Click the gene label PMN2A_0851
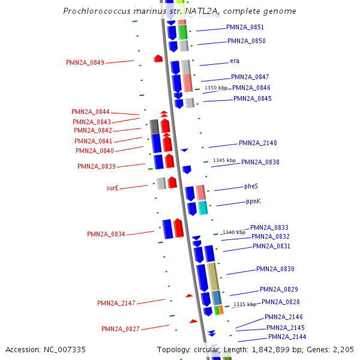click(x=245, y=28)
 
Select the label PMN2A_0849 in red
click(x=85, y=62)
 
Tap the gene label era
click(x=235, y=61)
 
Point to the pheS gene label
click(x=251, y=187)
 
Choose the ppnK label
click(x=253, y=202)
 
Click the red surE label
click(x=112, y=188)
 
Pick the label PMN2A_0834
click(x=106, y=234)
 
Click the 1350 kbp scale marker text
click(x=216, y=88)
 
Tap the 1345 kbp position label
click(x=224, y=160)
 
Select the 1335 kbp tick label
click(x=245, y=304)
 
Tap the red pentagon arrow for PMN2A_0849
click(x=158, y=58)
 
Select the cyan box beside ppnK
click(x=203, y=208)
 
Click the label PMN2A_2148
click(x=257, y=143)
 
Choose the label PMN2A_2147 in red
click(x=116, y=303)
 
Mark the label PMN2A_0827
click(x=120, y=329)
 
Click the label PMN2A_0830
click(x=275, y=269)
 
